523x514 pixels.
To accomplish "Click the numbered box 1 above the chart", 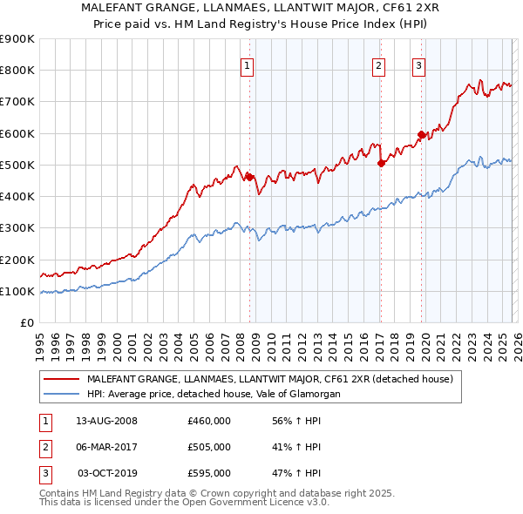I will pos(248,65).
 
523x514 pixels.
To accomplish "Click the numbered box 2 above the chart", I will pos(379,65).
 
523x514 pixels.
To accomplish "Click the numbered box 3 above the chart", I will pos(419,65).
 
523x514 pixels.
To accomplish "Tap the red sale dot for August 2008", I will pos(249,177).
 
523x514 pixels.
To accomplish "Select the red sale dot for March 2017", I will pos(381,163).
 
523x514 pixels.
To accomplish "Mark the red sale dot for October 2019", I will pos(421,134).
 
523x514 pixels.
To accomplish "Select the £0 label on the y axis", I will pos(26,322).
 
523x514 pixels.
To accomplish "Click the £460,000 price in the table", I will pos(209,421).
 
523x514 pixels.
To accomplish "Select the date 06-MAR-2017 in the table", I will pos(106,447).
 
